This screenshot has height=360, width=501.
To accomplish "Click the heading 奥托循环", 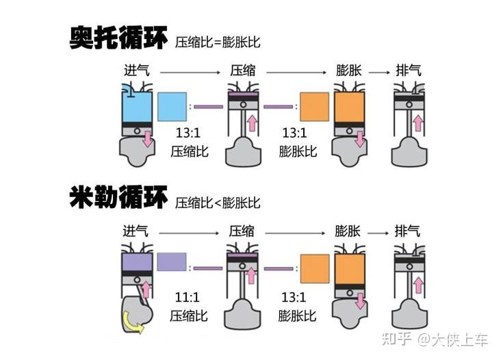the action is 118,38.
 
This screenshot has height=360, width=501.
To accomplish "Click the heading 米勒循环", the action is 118,197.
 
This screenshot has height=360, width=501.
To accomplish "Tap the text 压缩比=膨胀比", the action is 218,42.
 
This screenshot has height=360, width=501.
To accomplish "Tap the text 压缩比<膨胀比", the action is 218,203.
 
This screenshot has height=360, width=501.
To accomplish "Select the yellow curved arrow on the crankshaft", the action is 133,322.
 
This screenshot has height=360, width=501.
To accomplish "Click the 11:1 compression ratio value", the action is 188,298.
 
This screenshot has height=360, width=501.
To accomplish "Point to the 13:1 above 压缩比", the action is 188,133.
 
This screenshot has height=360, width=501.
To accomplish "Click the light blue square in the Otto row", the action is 172,107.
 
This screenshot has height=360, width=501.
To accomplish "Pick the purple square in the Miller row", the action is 172,261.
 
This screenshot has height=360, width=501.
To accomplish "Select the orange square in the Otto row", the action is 314,107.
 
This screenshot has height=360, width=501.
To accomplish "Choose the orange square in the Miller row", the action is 315,269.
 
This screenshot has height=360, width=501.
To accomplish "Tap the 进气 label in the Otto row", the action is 137,70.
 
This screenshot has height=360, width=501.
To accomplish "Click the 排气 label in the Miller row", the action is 407,231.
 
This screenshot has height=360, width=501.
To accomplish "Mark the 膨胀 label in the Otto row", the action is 348,70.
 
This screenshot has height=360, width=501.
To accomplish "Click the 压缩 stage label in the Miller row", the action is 242,231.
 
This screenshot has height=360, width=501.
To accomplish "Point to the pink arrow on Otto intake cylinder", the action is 147,139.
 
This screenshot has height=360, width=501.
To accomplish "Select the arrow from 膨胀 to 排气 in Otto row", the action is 379,73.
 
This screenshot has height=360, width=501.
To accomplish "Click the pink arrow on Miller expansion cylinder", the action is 361,301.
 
